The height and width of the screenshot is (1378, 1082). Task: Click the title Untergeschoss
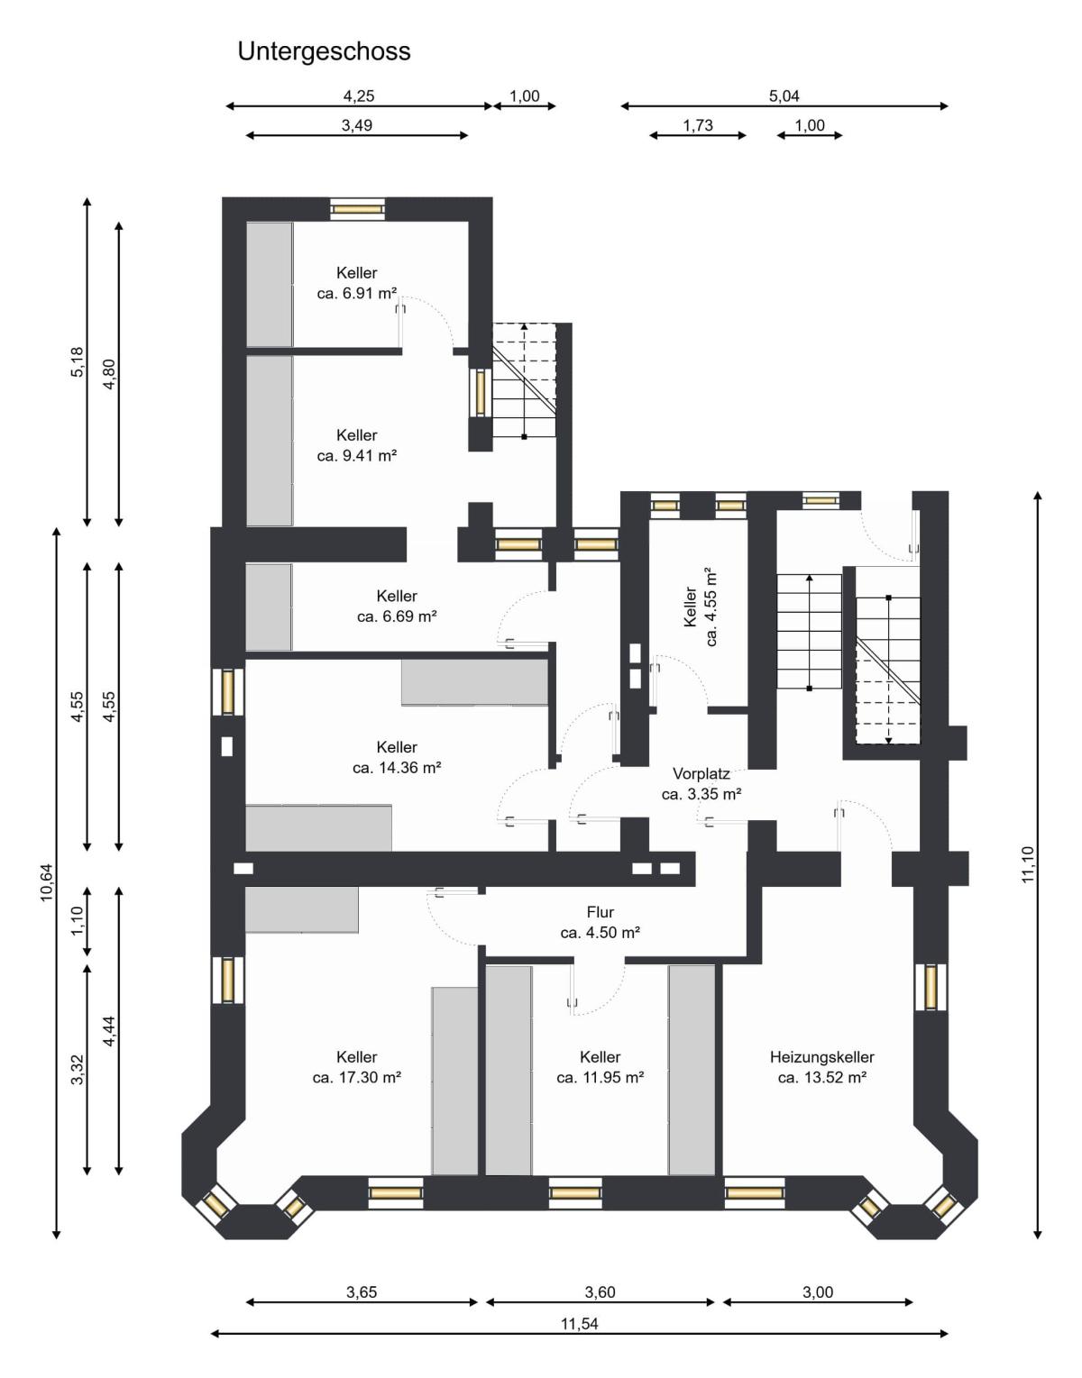point(324,51)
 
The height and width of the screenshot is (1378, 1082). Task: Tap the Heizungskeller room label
point(822,1057)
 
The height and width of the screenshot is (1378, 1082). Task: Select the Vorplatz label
point(701,773)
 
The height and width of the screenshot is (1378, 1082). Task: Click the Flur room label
point(600,912)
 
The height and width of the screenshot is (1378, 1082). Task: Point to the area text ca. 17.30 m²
point(357,1077)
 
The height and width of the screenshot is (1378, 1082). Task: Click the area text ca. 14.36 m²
point(397,767)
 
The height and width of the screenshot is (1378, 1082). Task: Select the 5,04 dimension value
point(784,96)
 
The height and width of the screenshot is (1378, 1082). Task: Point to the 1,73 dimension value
point(698,125)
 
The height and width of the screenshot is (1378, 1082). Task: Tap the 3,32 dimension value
point(78,1070)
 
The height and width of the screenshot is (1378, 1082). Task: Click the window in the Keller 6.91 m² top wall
point(358,208)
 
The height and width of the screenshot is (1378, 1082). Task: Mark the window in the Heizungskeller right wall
point(931,987)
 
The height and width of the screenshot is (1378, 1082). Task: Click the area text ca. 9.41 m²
point(357,456)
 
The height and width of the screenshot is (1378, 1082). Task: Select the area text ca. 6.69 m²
point(397,616)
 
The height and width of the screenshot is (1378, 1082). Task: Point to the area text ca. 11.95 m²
point(600,1077)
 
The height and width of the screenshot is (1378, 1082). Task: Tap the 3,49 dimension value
point(356,125)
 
